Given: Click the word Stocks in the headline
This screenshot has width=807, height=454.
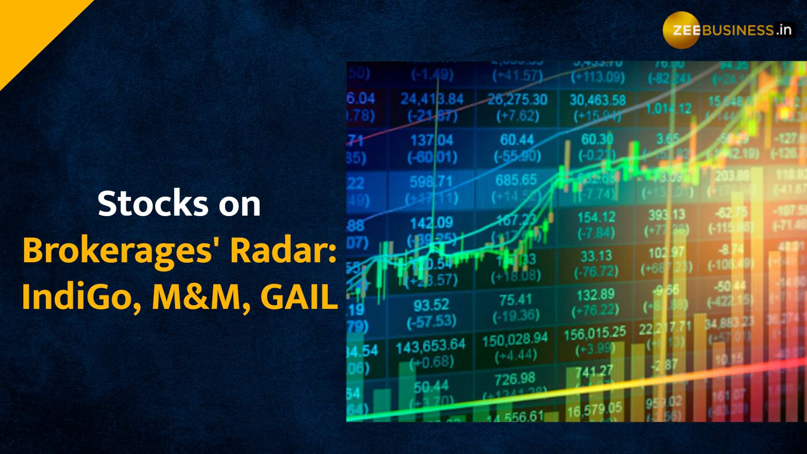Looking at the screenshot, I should point(153,204).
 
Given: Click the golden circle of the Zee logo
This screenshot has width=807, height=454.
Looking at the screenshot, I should point(681,30).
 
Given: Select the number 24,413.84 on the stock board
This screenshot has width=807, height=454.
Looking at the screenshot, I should point(432,99).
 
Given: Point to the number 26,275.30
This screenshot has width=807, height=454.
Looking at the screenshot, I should point(517,100).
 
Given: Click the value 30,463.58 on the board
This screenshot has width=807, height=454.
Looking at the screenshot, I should point(597,100).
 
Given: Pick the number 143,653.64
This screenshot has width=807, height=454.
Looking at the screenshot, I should point(430,346).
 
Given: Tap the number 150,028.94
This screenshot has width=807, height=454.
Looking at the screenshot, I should point(515,340).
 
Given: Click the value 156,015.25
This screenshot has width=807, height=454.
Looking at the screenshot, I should point(595,334).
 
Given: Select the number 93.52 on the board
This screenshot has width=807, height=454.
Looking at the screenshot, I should point(431,305).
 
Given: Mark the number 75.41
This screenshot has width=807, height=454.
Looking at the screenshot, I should point(515,300).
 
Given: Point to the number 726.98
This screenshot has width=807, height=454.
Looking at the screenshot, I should point(515,379).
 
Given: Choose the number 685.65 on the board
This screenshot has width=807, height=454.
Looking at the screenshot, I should point(516,180).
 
